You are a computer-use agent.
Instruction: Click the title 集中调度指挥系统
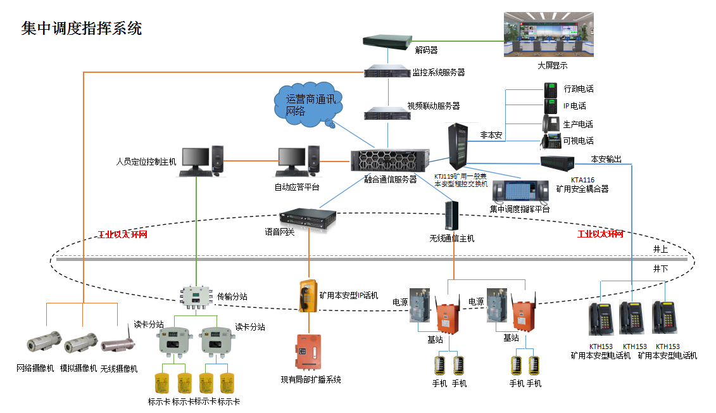(82, 28)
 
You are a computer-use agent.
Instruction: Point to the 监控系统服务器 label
(439, 73)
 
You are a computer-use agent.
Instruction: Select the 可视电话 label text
(578, 141)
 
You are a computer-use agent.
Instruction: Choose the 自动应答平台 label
(297, 187)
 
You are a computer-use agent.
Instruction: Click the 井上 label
(661, 249)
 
